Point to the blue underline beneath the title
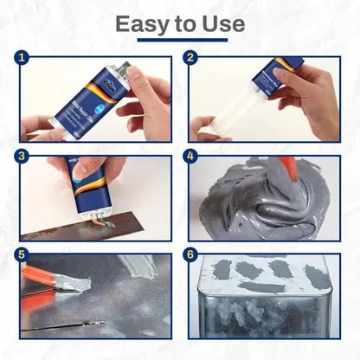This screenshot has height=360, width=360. pos(179,40)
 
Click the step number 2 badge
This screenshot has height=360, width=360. pos(193,61)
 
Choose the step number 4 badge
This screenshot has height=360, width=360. pos(193,160)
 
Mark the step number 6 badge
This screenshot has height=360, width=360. pos(193,257)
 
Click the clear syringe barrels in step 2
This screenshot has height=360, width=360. pos(243,107)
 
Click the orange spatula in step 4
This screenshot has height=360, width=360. pos(289,177)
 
